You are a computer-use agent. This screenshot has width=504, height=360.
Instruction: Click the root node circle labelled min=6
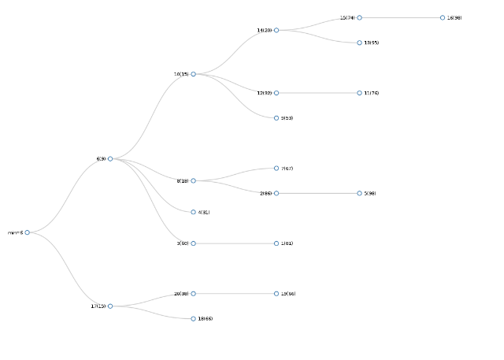click(27, 232)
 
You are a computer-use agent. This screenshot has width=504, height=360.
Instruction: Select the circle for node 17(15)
click(110, 306)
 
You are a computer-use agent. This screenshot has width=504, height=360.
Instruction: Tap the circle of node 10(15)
click(193, 74)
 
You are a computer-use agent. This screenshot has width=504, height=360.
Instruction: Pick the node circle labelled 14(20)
click(276, 30)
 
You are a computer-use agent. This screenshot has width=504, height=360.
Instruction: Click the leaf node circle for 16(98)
click(443, 17)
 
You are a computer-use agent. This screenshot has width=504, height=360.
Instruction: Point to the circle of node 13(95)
click(359, 43)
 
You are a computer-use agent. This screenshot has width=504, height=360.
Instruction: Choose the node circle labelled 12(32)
click(276, 93)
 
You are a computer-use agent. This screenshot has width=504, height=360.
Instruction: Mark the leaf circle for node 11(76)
click(359, 93)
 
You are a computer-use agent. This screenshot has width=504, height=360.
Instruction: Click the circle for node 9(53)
click(276, 118)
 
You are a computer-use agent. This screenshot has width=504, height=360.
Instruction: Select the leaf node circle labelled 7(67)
click(276, 168)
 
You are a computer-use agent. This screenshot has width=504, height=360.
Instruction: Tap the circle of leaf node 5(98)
click(359, 193)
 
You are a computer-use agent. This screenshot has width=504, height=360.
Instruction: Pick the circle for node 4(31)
click(193, 212)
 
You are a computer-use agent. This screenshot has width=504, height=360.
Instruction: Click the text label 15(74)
click(347, 17)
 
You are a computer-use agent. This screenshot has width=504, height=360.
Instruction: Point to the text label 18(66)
click(206, 319)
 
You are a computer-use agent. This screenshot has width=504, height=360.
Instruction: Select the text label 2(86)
click(265, 193)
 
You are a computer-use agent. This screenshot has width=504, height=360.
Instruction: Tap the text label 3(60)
click(182, 243)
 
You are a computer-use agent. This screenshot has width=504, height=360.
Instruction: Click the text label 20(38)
click(181, 294)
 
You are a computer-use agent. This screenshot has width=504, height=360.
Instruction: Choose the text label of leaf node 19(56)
click(288, 294)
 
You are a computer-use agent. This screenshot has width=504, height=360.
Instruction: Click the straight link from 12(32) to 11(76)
click(317, 93)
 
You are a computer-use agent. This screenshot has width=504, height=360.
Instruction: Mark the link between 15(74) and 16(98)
click(401, 17)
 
